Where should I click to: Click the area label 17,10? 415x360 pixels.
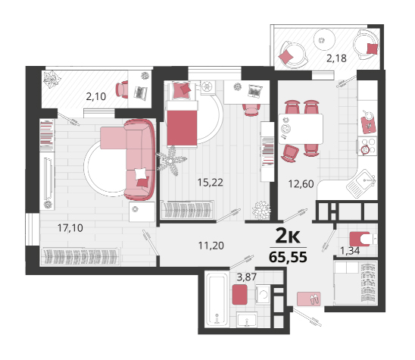pos(70,228)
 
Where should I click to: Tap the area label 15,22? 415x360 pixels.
pos(211,183)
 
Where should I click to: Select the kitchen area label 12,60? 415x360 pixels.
pos(301,184)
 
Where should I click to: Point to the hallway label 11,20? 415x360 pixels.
pos(211,246)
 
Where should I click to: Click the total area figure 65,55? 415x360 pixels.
pos(288,257)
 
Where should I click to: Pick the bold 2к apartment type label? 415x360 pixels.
pos(288,236)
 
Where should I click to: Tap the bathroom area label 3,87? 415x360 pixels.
pos(247,277)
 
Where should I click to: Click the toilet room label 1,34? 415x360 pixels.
pos(350,251)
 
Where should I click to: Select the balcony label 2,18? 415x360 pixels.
pos(336,58)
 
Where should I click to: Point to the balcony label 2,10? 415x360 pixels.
pos(96,96)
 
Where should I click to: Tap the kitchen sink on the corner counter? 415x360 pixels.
pos(361,183)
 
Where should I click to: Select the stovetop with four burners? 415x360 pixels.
pos(367,146)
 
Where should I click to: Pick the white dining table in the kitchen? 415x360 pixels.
pos(301,129)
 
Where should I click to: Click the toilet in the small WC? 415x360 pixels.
pos(364,239)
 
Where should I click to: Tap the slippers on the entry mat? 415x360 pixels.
pos(314,299)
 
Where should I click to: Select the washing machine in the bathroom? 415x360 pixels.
pos(264,294)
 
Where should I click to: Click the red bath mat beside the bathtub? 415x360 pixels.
pos(240,294)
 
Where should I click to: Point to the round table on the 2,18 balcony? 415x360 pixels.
pos(324,39)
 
